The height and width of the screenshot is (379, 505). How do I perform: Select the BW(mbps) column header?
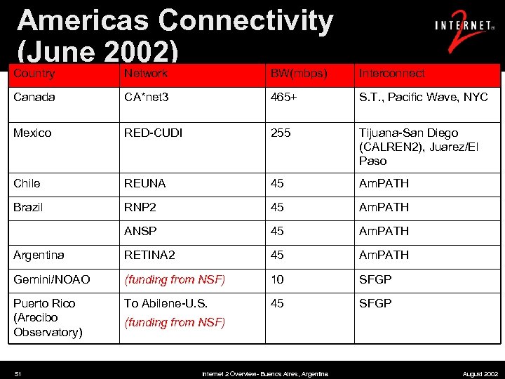coord(299,73)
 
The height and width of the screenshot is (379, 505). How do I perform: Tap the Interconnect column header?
coord(392,73)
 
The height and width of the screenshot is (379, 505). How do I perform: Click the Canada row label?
coord(34,97)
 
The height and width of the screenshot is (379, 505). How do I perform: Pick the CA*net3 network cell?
coord(147,97)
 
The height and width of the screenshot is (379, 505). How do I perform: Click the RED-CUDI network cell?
coord(154,133)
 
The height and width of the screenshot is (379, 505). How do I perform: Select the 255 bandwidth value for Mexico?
coord(281,133)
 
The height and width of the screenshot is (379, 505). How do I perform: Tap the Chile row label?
coord(27,183)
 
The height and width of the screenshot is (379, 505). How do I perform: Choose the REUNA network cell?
coord(145,183)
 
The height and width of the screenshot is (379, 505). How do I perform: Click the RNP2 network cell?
coord(141,207)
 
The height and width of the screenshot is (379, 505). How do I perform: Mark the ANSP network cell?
coord(140,231)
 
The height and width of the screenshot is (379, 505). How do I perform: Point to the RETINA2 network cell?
coord(149,255)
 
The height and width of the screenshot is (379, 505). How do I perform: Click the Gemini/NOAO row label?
coord(52,279)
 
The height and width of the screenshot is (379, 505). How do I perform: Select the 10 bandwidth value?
coord(278,279)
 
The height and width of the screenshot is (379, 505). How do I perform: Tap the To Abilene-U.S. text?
coord(166,303)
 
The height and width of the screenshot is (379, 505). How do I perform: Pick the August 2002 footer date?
coord(480,374)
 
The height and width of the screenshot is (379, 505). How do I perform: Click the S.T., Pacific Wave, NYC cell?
coord(423,97)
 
